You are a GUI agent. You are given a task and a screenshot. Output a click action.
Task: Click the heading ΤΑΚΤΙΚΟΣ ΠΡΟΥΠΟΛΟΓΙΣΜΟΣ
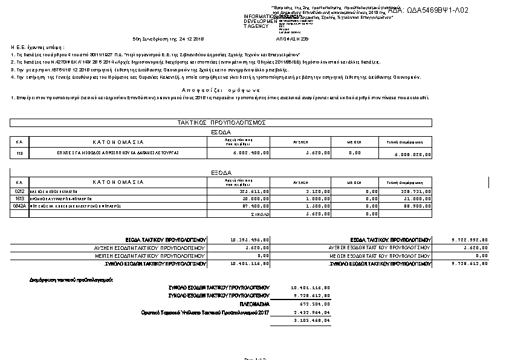(x=222, y=122)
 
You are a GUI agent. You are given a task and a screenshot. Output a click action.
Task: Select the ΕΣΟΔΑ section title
(x=221, y=131)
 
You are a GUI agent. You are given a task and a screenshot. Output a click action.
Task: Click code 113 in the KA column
(x=19, y=154)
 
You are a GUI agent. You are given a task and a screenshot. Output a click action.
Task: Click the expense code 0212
(x=19, y=191)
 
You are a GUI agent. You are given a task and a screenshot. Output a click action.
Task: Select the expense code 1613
(x=19, y=198)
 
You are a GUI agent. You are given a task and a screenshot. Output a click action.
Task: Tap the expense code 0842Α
(x=20, y=206)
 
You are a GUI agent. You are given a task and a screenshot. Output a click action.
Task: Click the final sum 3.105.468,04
(x=312, y=319)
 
